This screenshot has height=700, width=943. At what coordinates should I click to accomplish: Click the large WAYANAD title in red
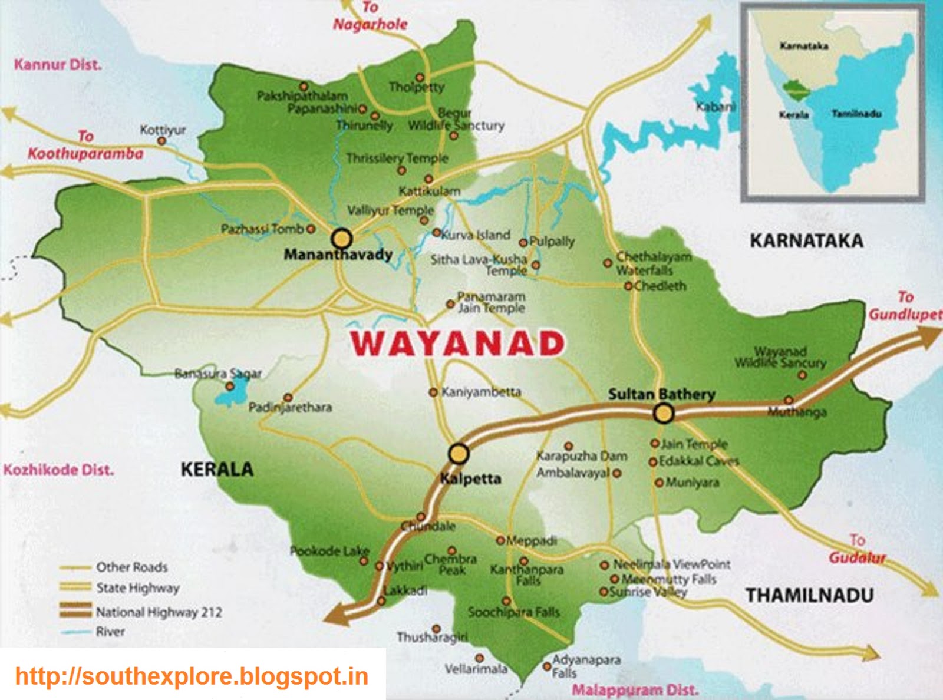coord(458,344)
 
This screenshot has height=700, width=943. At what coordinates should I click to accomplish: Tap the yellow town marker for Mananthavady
coord(342,239)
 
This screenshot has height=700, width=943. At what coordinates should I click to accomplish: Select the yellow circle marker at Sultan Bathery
coord(664,414)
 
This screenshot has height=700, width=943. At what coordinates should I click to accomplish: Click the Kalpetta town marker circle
coord(459,454)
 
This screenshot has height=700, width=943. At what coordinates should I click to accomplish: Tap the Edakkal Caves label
coord(698,461)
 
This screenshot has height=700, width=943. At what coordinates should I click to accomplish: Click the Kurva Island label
coord(476,235)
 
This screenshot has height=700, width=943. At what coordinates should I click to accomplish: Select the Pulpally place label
coord(552,241)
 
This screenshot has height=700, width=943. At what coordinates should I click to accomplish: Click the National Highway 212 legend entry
coord(159,612)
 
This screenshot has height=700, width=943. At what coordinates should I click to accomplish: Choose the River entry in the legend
coord(110,632)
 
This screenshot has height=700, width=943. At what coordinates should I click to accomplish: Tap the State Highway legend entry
coord(137,587)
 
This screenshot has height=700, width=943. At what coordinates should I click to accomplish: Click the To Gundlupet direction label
coord(905,306)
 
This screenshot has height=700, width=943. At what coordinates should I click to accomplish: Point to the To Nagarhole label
coord(370,16)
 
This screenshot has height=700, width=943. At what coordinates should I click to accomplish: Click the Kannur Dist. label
coord(58,64)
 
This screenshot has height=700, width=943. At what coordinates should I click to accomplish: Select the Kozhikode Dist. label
coord(58,470)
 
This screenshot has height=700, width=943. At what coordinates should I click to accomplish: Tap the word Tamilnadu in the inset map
coord(856,114)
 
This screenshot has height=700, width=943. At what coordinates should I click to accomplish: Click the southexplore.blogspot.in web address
coord(192,676)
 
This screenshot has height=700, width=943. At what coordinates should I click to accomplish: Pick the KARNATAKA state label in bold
coord(806,240)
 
